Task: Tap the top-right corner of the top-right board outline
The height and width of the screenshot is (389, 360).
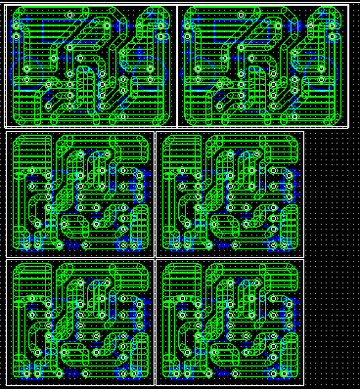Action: tap(348, 6)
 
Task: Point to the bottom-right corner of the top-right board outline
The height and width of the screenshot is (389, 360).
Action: tap(348, 126)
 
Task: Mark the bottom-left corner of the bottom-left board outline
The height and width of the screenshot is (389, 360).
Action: tap(7, 383)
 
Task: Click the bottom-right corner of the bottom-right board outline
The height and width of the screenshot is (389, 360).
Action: tap(303, 383)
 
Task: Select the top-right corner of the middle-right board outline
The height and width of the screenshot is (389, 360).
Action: tap(303, 132)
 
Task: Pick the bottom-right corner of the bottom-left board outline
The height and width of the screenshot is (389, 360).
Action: tap(155, 383)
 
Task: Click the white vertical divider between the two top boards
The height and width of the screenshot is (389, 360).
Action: tap(177, 66)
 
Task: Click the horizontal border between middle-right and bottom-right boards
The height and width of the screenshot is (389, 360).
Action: tap(230, 258)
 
